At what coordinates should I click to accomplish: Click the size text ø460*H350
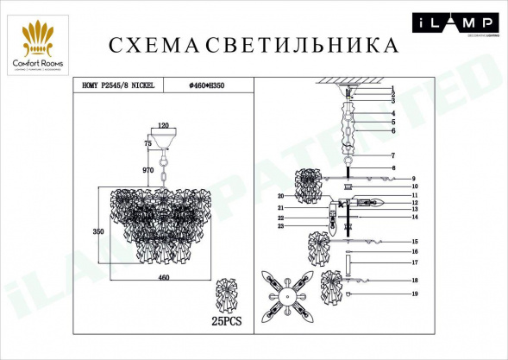coord(212,85)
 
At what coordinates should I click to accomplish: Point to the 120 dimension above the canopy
coord(163,124)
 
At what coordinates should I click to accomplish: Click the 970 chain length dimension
coord(147,171)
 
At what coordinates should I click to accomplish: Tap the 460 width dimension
coord(163,276)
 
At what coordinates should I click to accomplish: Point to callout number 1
coord(392,88)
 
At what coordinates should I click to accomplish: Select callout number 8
coord(392,167)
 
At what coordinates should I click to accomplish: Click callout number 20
coord(281,196)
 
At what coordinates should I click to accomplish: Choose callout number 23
coord(281,226)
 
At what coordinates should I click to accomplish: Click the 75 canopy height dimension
coord(147,143)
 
